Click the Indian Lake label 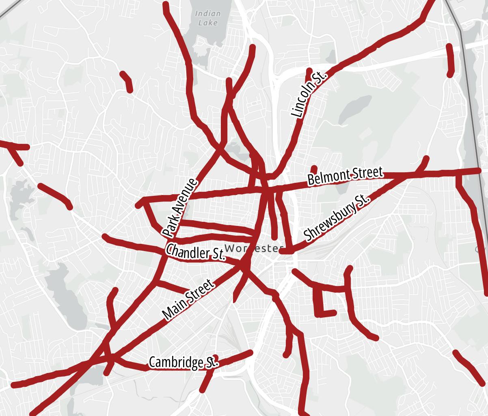(x=208, y=18)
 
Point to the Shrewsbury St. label (x=337, y=218)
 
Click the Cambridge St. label (x=184, y=362)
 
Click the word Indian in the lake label (x=208, y=13)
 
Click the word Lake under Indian (x=208, y=23)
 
